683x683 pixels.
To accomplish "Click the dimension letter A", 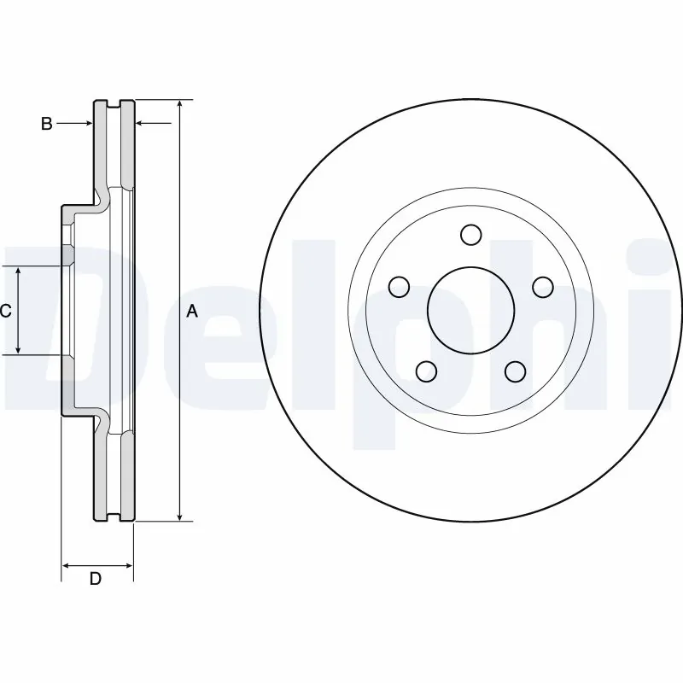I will pyautogui.click(x=192, y=312).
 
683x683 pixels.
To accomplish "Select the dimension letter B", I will pyautogui.click(x=47, y=124).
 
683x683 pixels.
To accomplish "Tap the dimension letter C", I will pyautogui.click(x=6, y=312).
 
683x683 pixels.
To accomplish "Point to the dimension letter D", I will pyautogui.click(x=96, y=579).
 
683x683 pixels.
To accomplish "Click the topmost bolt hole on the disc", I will pyautogui.click(x=470, y=234).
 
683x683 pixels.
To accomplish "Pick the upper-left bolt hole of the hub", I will pyautogui.click(x=398, y=286).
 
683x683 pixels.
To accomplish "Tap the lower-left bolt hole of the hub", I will pyautogui.click(x=425, y=371).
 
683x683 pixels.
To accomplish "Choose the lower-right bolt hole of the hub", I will pyautogui.click(x=514, y=371).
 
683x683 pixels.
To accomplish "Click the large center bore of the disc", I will pyautogui.click(x=470, y=310).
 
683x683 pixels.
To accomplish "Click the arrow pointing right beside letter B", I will pyautogui.click(x=88, y=124).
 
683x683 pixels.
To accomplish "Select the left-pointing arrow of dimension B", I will pyautogui.click(x=141, y=124).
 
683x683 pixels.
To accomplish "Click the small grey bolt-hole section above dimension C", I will pyautogui.click(x=67, y=254).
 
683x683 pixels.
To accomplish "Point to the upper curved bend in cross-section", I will pyautogui.click(x=103, y=197).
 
